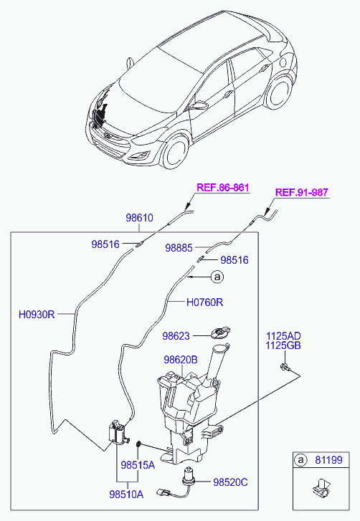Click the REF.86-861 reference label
pyautogui.click(x=223, y=188)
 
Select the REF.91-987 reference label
pyautogui.click(x=302, y=192)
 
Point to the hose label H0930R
pyautogui.click(x=36, y=313)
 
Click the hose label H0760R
pyautogui.click(x=204, y=302)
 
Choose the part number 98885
pyautogui.click(x=179, y=248)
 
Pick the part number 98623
pyautogui.click(x=176, y=335)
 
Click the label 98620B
pyautogui.click(x=180, y=362)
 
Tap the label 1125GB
pyautogui.click(x=283, y=346)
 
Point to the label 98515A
pyautogui.click(x=138, y=464)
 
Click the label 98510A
pyautogui.click(x=126, y=493)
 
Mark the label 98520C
pyautogui.click(x=229, y=482)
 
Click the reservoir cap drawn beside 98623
pyautogui.click(x=219, y=333)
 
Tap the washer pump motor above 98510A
pyautogui.click(x=114, y=433)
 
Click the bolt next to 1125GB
pyautogui.click(x=285, y=368)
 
